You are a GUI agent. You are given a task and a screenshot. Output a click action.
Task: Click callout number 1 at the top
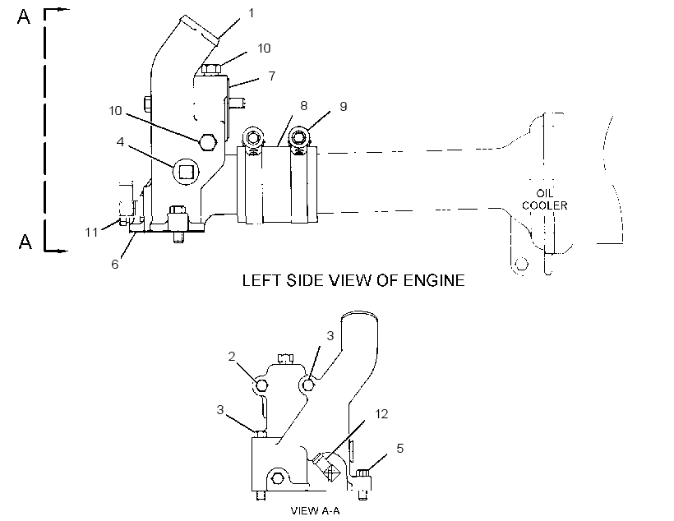[252, 13]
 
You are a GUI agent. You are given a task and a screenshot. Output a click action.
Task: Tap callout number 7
[272, 76]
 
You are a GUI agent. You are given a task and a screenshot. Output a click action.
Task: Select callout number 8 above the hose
[304, 106]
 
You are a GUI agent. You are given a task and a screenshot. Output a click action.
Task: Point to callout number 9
[343, 107]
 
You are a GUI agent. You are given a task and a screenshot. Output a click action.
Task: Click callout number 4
[120, 142]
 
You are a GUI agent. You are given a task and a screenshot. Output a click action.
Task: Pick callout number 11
[91, 233]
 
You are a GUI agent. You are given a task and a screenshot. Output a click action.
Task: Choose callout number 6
[115, 265]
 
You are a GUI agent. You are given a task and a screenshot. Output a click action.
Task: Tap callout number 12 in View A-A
[381, 414]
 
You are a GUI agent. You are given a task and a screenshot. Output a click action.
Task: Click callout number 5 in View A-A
[399, 449]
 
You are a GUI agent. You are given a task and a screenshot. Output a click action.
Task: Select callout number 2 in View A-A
[232, 357]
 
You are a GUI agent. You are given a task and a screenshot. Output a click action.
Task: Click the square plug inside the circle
[186, 172]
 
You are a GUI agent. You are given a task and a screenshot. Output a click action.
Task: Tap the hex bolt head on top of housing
[211, 69]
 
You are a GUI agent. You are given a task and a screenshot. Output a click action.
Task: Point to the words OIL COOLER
[545, 200]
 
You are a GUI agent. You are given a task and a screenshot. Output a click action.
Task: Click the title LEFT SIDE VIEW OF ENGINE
[353, 281]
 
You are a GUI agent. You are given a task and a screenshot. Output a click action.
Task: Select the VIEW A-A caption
[315, 510]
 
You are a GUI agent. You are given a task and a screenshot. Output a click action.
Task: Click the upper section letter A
[24, 16]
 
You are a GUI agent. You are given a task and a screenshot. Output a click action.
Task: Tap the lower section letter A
[25, 242]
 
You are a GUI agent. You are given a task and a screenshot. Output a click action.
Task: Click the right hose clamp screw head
[298, 137]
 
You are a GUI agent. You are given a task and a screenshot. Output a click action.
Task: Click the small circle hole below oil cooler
[521, 264]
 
